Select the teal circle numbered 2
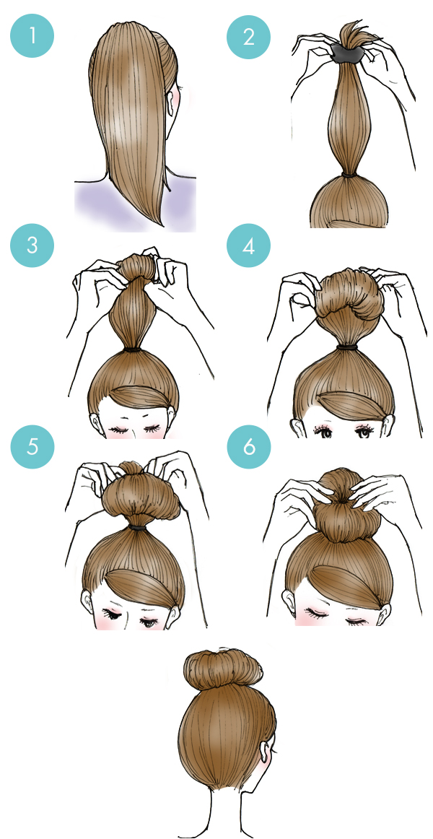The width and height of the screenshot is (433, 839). click(x=249, y=37)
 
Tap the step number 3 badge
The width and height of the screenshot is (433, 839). click(x=32, y=245)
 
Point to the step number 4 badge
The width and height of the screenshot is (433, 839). click(x=249, y=245)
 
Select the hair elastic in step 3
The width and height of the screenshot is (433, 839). click(x=133, y=349)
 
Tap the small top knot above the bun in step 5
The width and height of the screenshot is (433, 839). click(x=130, y=467)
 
